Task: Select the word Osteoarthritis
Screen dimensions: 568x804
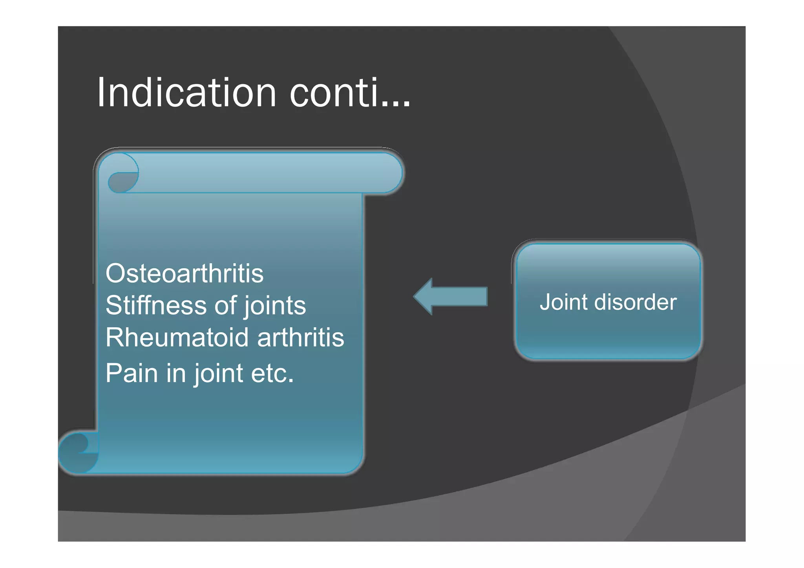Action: (x=184, y=273)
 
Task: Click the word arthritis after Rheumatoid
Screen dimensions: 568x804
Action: (x=301, y=337)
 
